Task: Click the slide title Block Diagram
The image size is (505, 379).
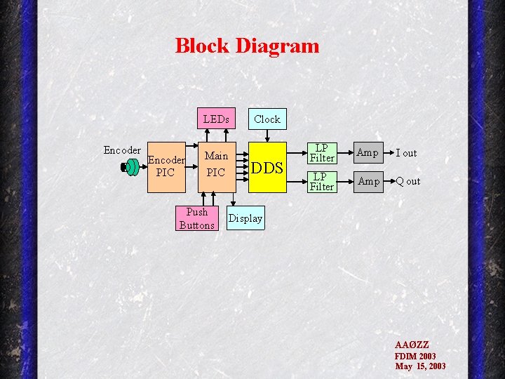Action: click(247, 46)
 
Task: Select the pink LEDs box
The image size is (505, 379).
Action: click(215, 119)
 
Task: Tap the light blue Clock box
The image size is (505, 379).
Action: click(267, 119)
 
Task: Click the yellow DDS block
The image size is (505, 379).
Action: click(267, 168)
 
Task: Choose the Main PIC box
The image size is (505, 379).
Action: click(215, 164)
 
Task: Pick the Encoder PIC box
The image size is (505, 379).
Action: click(166, 166)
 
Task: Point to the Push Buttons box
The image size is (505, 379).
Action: click(197, 218)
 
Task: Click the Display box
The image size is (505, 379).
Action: click(245, 218)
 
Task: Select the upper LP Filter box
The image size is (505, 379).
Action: click(322, 153)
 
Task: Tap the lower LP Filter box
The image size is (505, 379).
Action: click(322, 182)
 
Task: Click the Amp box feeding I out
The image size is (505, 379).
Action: click(368, 152)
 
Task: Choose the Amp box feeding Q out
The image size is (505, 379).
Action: click(368, 181)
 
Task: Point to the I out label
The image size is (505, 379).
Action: click(406, 153)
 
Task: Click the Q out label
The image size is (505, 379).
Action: click(408, 182)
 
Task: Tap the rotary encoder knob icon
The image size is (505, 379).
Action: click(130, 167)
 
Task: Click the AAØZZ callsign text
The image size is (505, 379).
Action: click(412, 345)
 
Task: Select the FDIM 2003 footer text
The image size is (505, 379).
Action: click(415, 356)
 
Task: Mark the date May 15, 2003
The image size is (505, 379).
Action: click(420, 366)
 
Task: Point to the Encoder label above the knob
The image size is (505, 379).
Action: click(122, 150)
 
